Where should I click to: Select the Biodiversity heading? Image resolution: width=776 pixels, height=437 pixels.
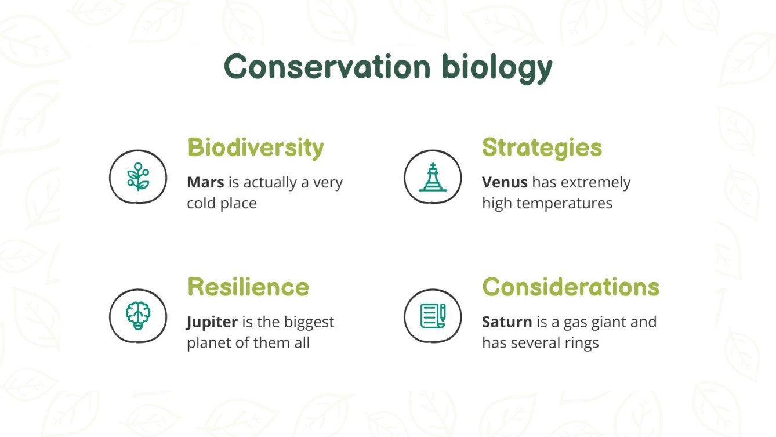pos(255,147)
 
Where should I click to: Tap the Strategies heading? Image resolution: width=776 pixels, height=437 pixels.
pos(542,147)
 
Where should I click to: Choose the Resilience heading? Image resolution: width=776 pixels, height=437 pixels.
pos(248,287)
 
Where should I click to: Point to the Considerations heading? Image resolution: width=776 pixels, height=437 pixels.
pos(571,287)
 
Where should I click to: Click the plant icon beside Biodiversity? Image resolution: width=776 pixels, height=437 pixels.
pos(138,177)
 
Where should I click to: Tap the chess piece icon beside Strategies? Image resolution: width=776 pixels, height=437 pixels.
pos(433,177)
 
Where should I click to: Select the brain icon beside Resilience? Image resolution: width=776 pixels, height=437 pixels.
pos(138,316)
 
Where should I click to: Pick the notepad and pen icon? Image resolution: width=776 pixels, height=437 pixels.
pos(433,316)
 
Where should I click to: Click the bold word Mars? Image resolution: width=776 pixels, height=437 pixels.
pos(205,182)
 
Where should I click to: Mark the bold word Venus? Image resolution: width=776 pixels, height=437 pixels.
pos(505,182)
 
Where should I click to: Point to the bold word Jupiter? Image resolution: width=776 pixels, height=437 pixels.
pos(212,322)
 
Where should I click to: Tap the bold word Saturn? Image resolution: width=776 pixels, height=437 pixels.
pos(506,322)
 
